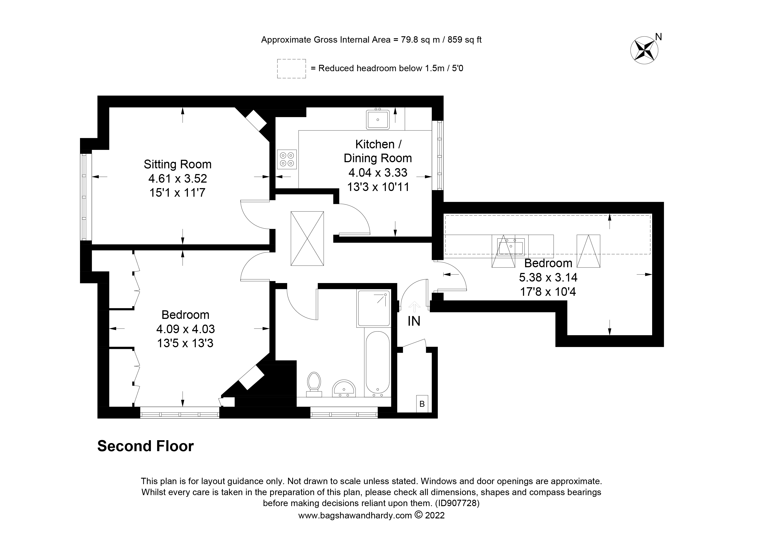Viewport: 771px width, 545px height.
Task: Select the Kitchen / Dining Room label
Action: pos(378,151)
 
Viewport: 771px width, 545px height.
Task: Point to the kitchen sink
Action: pos(377,119)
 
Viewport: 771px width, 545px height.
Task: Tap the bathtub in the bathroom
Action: pos(377,363)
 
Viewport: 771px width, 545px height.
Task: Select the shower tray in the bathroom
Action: pos(374,308)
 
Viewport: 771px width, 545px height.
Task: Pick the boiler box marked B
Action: pos(422,404)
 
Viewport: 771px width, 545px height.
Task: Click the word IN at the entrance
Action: pos(414,321)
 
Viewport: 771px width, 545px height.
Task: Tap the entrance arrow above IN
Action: pos(414,306)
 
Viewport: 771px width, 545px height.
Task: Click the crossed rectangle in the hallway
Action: pos(307,238)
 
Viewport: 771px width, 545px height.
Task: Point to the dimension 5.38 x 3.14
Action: pos(548,277)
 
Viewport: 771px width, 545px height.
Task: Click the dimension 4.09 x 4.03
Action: pos(185,329)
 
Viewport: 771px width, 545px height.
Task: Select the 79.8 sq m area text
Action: pos(416,40)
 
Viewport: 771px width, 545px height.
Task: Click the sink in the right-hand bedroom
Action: pos(510,247)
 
